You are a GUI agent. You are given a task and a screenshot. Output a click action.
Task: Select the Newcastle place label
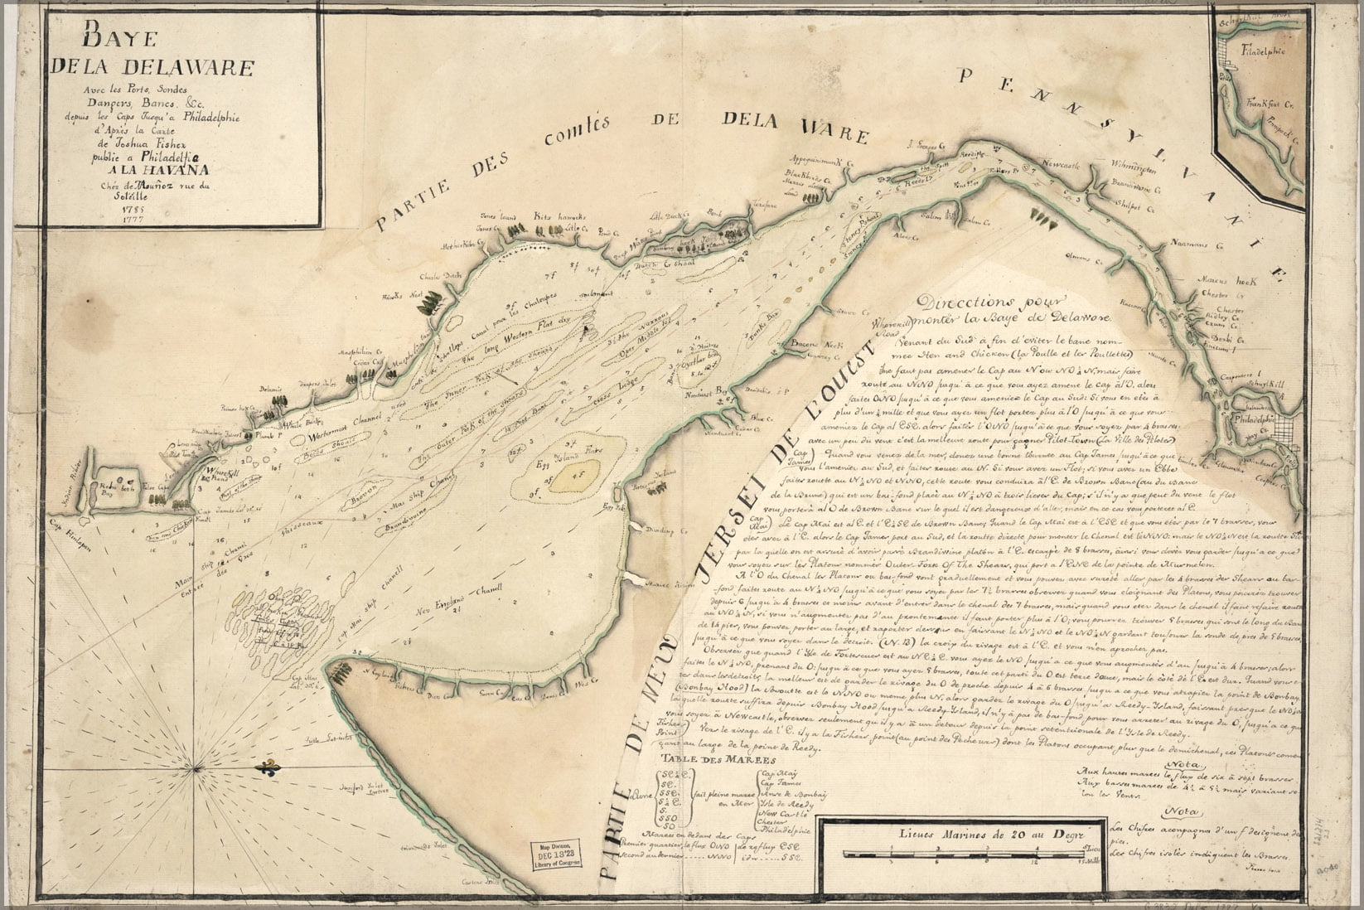click(1073, 165)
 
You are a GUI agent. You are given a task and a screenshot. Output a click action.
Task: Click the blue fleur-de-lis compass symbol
click(268, 769)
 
